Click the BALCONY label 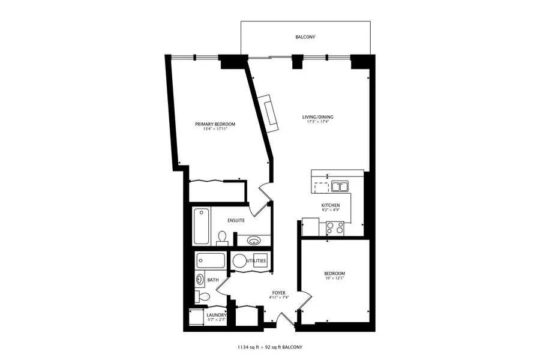pos(305,37)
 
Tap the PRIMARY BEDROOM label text pos(215,124)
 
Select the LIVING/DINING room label pos(317,117)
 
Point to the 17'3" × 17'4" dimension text pos(317,122)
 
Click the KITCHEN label pos(331,205)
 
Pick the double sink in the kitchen pos(340,186)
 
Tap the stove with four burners pos(334,227)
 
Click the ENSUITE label pos(235,221)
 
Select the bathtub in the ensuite pos(201,225)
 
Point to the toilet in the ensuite pos(221,238)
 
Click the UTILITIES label pos(255,261)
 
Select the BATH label pos(213,280)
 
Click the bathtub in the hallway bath pos(210,261)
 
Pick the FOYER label pos(278,292)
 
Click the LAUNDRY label pos(215,315)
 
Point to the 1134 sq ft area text pos(252,347)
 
